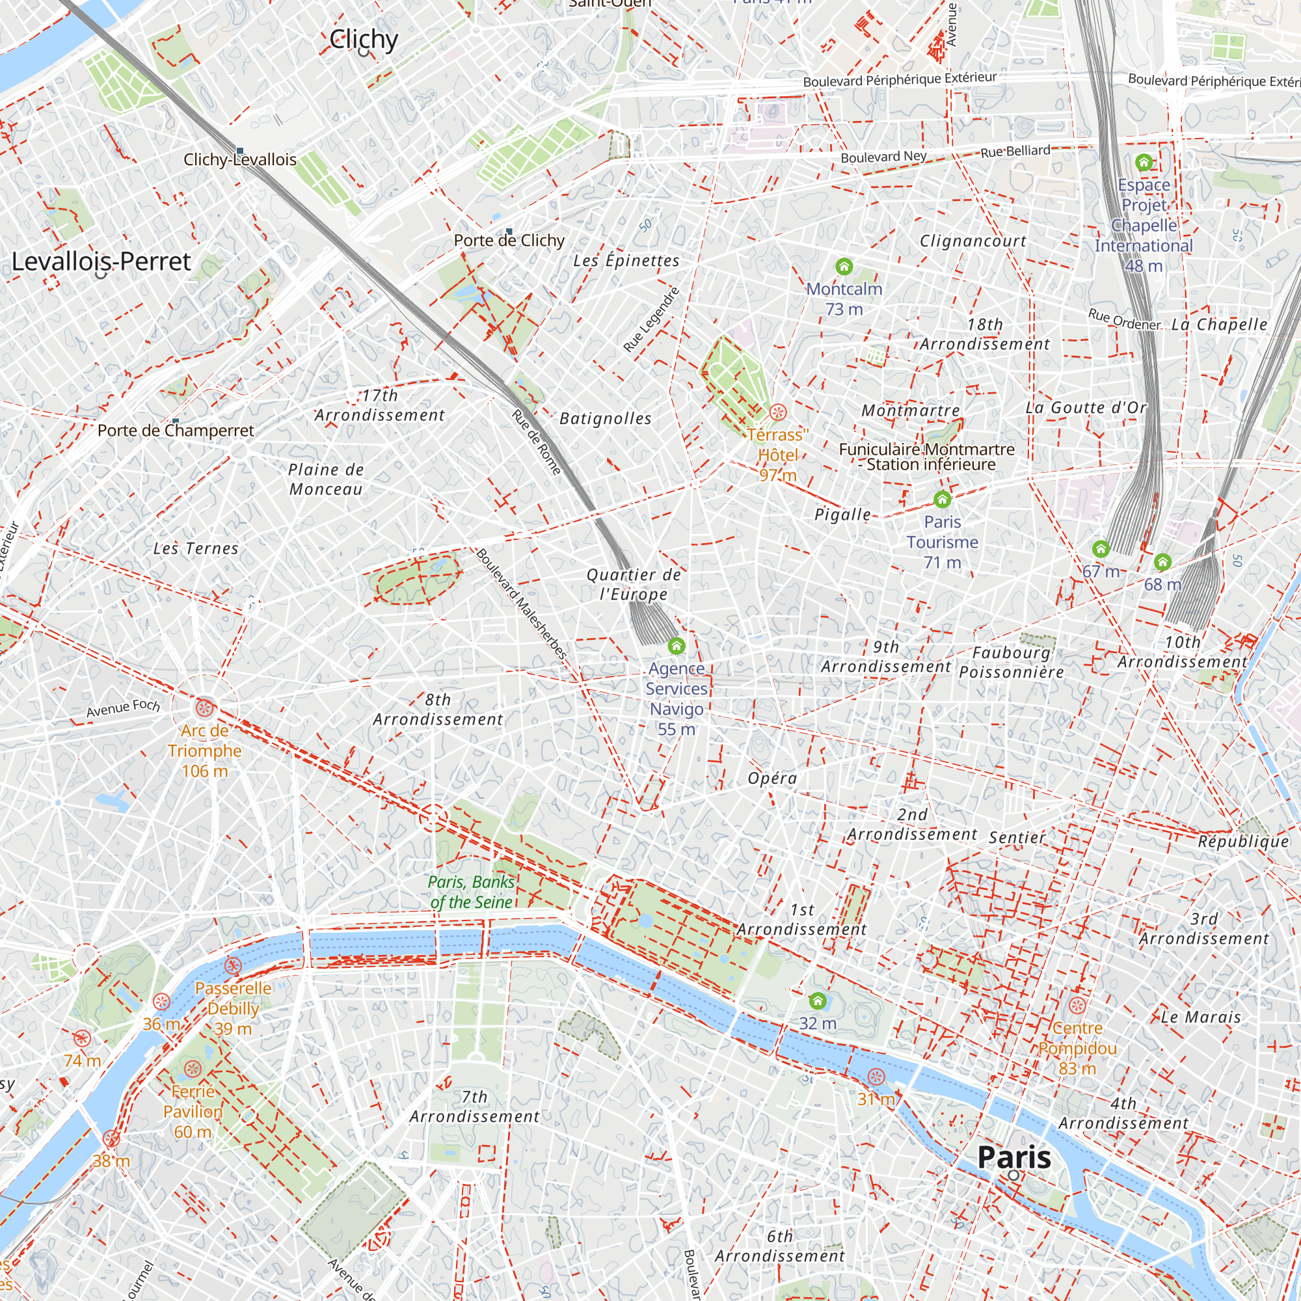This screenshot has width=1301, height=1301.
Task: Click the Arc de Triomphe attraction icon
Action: (205, 707)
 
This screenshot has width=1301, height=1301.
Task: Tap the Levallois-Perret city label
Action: (101, 262)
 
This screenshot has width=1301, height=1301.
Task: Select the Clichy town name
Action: (364, 40)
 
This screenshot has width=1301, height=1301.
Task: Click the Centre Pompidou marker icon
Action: (1077, 1007)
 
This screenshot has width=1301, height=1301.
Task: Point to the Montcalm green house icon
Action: (844, 267)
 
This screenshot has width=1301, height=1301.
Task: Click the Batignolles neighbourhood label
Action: (606, 419)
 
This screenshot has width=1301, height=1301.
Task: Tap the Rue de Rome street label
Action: (536, 442)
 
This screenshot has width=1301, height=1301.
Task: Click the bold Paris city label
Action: (1014, 1158)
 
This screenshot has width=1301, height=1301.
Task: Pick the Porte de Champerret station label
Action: (176, 431)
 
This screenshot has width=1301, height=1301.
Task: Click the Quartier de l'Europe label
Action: (634, 585)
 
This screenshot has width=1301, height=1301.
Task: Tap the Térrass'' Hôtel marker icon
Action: (778, 412)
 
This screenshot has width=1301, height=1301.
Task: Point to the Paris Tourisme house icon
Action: (942, 499)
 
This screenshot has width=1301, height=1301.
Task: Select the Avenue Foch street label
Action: (123, 708)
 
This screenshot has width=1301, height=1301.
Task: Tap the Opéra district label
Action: (772, 779)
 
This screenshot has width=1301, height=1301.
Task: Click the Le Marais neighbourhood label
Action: (1201, 1017)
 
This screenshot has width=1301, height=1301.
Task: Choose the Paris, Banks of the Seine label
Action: (472, 892)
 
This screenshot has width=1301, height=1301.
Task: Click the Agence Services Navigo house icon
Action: (676, 647)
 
